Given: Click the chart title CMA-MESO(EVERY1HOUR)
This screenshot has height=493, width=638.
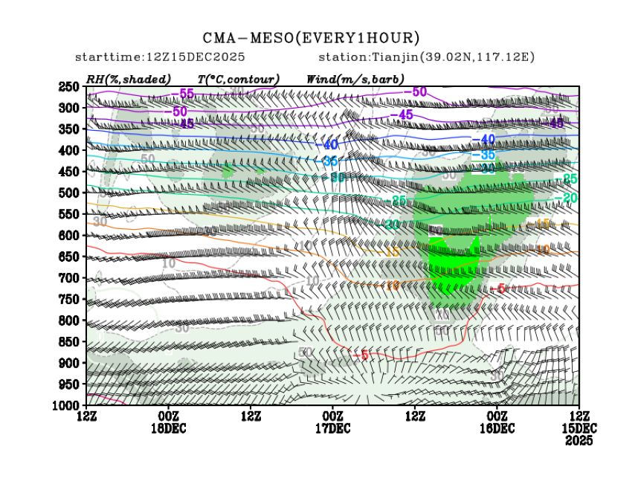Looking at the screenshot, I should tap(311, 38).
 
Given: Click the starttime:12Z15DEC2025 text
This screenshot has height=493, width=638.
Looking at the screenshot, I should tap(160, 57).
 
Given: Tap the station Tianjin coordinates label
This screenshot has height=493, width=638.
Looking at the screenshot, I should tap(427, 57).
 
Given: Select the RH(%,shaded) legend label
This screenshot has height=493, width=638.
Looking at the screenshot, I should tap(128, 79).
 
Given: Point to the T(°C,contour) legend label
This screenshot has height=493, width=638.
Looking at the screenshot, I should tap(238, 79).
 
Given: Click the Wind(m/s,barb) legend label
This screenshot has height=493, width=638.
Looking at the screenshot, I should tap(355, 79).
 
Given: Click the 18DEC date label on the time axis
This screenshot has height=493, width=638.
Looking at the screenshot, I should tap(169, 428).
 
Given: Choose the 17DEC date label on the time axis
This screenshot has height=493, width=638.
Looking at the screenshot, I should tap(332, 428).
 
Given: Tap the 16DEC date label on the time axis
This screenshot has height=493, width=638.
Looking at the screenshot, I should tap(496, 428).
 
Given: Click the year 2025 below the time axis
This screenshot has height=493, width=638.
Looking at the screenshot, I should tap(579, 440).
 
